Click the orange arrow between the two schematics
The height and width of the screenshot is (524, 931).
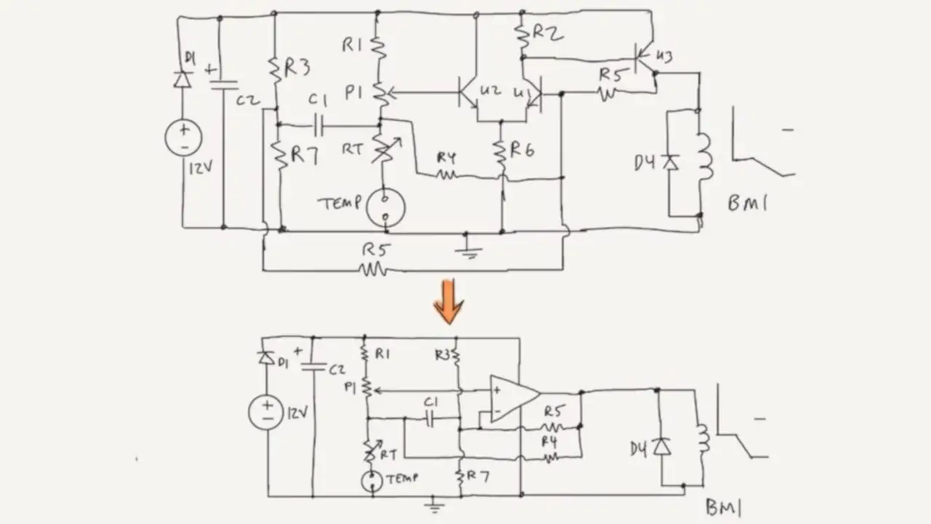click(x=448, y=301)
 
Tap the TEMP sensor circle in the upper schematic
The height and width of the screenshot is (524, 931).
click(x=385, y=207)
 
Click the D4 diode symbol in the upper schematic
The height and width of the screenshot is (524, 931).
click(x=671, y=162)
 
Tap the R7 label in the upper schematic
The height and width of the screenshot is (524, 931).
click(x=304, y=155)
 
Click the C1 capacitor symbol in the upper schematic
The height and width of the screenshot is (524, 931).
click(x=318, y=126)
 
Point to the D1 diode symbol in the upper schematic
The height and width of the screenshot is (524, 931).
click(x=183, y=79)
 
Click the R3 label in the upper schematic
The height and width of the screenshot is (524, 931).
click(x=297, y=68)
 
